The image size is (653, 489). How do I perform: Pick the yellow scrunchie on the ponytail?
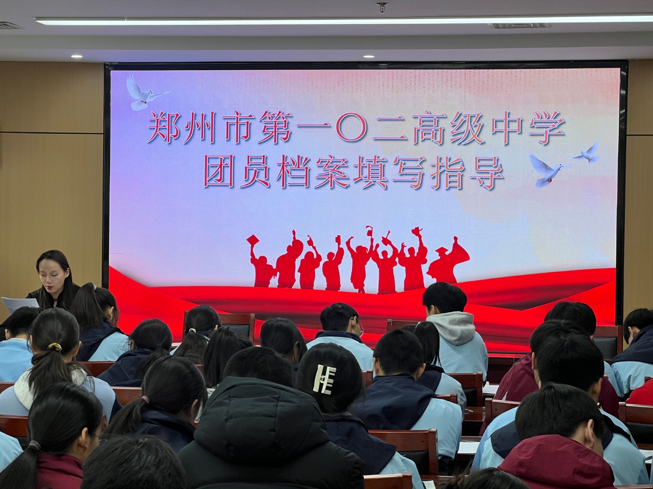[55, 346]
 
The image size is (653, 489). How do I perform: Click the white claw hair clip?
[324, 379]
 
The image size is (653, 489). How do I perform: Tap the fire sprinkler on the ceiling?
[381, 7]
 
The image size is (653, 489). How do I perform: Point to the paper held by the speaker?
[19, 305]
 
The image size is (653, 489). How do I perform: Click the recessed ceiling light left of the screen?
[76, 56]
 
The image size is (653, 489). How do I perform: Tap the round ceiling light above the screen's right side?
[369, 56]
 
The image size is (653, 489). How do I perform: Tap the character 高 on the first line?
[427, 128]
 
